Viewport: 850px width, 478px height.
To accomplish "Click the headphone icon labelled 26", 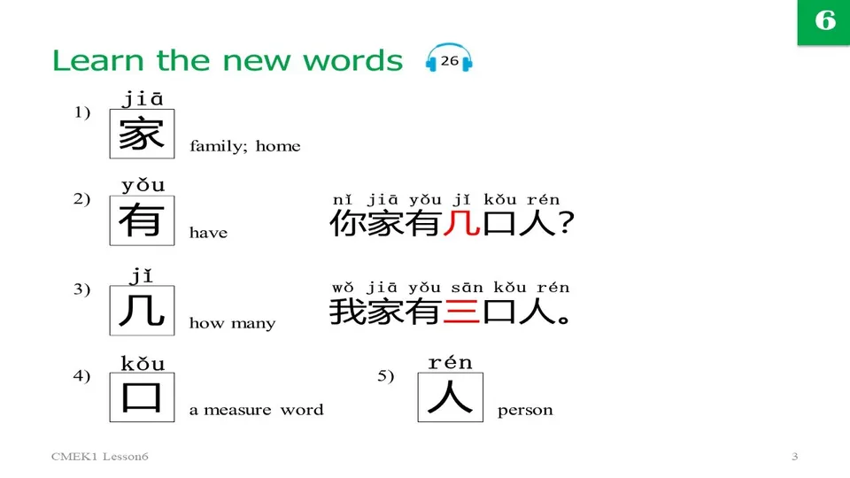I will point(449,59).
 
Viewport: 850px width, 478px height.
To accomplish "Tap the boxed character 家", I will point(142,135).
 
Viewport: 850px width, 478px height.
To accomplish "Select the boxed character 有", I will point(142,221).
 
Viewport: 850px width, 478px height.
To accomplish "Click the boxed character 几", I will point(142,311).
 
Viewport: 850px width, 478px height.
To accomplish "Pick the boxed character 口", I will point(142,397).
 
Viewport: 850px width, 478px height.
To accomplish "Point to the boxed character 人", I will point(450,397).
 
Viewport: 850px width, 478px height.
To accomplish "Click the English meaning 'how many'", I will point(232,324).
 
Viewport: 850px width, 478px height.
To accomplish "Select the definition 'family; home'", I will point(245,147).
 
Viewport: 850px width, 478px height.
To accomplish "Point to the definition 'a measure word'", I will point(256,410).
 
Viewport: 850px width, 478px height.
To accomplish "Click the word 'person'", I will point(525,410).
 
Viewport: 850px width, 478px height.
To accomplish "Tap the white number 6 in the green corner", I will point(824,21).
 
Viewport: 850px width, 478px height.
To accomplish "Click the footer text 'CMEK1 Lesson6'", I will point(98,457).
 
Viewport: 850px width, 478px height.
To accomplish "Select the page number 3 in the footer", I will point(794,457).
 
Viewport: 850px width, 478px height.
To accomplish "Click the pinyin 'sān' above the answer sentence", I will point(467,288).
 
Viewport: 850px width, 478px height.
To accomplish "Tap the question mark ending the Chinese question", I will point(566,224).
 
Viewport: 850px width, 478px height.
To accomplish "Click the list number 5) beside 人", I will point(386,376).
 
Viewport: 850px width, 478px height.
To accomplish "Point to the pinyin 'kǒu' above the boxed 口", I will point(143,364).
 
